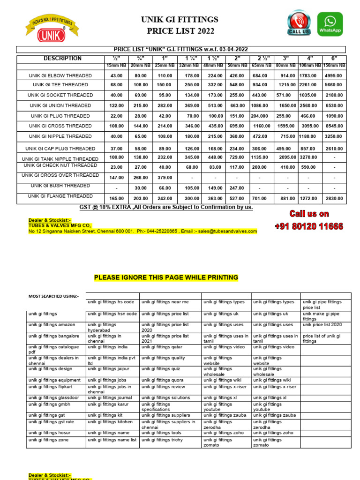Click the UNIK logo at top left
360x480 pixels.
52,29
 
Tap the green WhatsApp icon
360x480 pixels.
330,24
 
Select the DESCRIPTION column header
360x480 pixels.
62,59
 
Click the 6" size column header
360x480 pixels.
334,58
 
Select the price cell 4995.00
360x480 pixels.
334,75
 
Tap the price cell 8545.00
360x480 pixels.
334,126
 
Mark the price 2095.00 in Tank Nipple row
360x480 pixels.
287,157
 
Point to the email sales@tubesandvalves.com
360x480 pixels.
227,231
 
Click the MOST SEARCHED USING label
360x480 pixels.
54,296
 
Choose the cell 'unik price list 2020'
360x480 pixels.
322,324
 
